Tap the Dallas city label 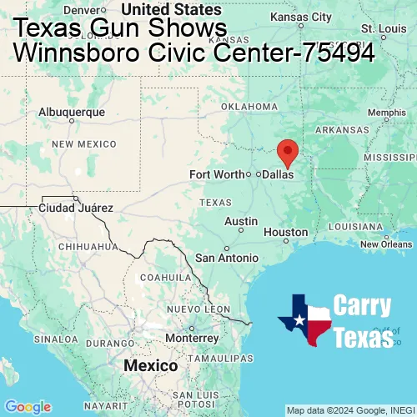click(x=279, y=175)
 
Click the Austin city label click(x=241, y=221)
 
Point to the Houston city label click(x=286, y=232)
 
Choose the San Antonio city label click(x=227, y=258)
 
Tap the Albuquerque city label click(x=73, y=112)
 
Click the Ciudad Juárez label click(x=76, y=208)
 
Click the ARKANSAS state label click(x=341, y=129)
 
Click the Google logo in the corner click(x=27, y=406)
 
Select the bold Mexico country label click(x=150, y=366)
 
